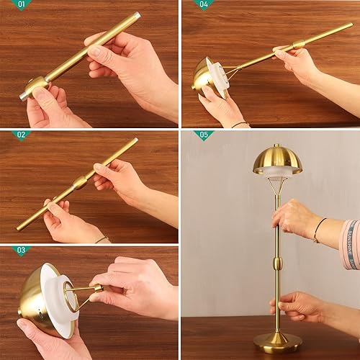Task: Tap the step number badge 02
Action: [x=22, y=135]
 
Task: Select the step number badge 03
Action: [x=22, y=251]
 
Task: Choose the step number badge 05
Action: [x=204, y=135]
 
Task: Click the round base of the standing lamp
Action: [x=278, y=339]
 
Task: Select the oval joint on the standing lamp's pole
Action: [x=278, y=262]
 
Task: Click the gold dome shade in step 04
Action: [x=202, y=76]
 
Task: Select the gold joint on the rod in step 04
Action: [x=299, y=45]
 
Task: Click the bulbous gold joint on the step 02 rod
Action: [x=79, y=182]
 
